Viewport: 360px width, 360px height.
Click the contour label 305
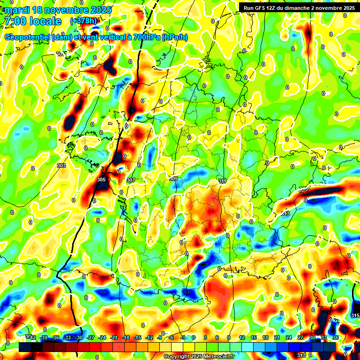[x=101, y=180]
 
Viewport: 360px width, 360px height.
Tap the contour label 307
[x=131, y=180]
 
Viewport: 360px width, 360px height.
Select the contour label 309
[x=173, y=179]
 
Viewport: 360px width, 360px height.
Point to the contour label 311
[x=222, y=180]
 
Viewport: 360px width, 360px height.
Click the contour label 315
[x=355, y=316]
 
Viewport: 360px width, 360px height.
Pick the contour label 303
[x=61, y=165]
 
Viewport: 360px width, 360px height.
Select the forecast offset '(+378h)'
[x=83, y=21]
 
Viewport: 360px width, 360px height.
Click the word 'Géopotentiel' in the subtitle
[x=28, y=37]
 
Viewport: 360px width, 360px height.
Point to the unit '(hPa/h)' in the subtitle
[x=174, y=37]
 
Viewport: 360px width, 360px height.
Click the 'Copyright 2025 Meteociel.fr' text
[x=199, y=356]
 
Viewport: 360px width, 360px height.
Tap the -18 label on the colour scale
[x=126, y=337]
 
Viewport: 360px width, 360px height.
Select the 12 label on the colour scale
[x=242, y=337]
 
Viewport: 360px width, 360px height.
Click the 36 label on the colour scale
[x=336, y=337]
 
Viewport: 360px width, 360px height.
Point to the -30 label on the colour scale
[x=79, y=337]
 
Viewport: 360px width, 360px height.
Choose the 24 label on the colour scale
[x=289, y=337]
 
